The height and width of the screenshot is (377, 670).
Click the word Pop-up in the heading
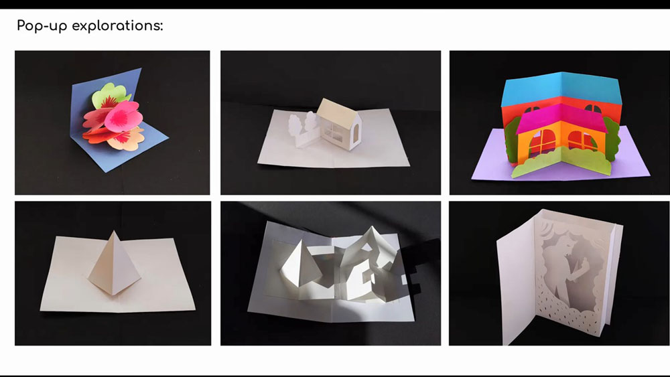(42, 26)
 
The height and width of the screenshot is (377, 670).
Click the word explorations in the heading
(117, 25)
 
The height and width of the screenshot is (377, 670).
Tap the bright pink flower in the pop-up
(123, 117)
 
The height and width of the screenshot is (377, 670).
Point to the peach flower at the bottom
(128, 139)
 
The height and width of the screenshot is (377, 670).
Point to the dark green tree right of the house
(611, 137)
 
